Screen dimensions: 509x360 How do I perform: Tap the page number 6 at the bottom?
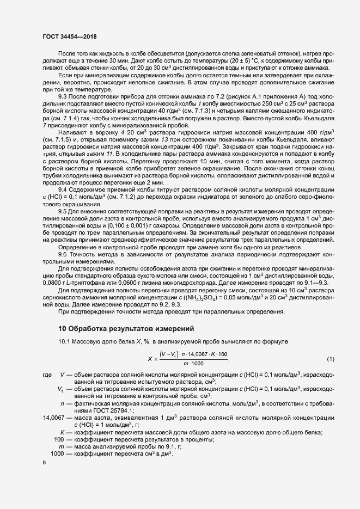[44, 462]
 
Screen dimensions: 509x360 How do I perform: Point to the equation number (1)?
[330, 359]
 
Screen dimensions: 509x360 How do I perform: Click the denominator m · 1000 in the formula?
[193, 364]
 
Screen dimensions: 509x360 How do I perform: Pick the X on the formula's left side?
[150, 359]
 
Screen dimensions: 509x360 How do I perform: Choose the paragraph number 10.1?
[65, 341]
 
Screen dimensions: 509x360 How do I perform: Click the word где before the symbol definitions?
[47, 376]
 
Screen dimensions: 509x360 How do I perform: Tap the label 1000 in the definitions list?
[57, 453]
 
